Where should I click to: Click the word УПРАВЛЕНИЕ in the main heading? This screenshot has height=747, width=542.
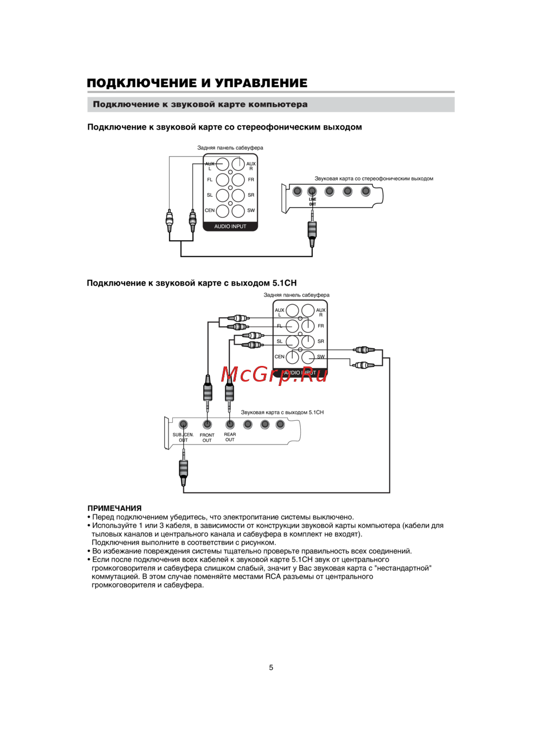261,83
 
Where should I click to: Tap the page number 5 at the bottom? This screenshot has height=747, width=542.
271,667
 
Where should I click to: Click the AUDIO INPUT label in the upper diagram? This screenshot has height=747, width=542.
230,227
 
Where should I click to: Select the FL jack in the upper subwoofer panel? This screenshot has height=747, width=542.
223,179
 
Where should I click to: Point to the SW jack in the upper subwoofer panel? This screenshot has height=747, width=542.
238,210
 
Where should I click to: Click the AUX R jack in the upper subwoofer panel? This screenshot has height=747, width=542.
238,164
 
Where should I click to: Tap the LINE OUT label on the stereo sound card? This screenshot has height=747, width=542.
313,202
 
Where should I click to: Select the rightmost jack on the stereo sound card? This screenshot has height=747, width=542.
366,191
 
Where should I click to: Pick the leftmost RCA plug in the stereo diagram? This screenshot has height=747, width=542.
170,220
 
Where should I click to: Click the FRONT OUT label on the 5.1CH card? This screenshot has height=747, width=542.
207,437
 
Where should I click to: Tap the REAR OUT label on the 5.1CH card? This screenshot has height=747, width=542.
230,437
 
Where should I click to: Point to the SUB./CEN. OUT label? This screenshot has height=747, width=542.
183,437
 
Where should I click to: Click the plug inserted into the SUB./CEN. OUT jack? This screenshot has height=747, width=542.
184,470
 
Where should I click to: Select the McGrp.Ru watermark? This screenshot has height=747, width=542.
274,373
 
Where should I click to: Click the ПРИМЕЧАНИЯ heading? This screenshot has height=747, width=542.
114,508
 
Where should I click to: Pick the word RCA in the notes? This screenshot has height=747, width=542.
273,576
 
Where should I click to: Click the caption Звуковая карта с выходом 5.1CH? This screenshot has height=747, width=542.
282,413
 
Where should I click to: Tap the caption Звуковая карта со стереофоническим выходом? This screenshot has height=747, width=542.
373,178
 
